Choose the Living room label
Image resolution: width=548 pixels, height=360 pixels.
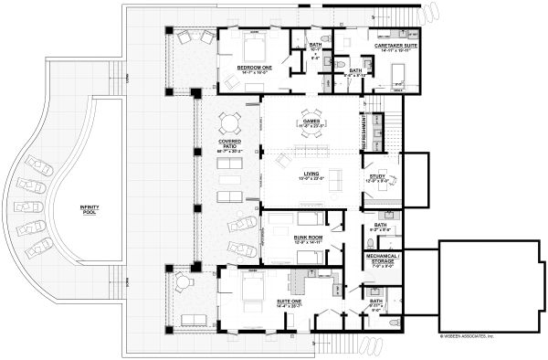tap(308, 175)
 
